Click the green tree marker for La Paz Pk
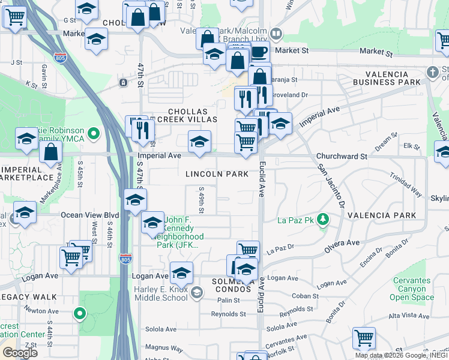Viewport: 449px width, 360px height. click(323, 220)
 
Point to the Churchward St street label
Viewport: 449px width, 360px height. click(342, 156)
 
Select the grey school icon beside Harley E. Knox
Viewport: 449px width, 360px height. click(196, 293)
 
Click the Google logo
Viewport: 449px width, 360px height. click(20, 352)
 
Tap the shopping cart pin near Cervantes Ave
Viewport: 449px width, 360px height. click(364, 338)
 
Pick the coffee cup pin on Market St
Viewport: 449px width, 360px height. click(259, 52)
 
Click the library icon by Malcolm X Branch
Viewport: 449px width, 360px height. click(276, 34)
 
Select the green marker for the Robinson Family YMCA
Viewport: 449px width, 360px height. click(93, 133)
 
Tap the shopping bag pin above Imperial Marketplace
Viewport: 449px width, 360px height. click(51, 152)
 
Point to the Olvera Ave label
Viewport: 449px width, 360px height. click(343, 243)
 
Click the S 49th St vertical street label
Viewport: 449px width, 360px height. click(202, 200)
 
